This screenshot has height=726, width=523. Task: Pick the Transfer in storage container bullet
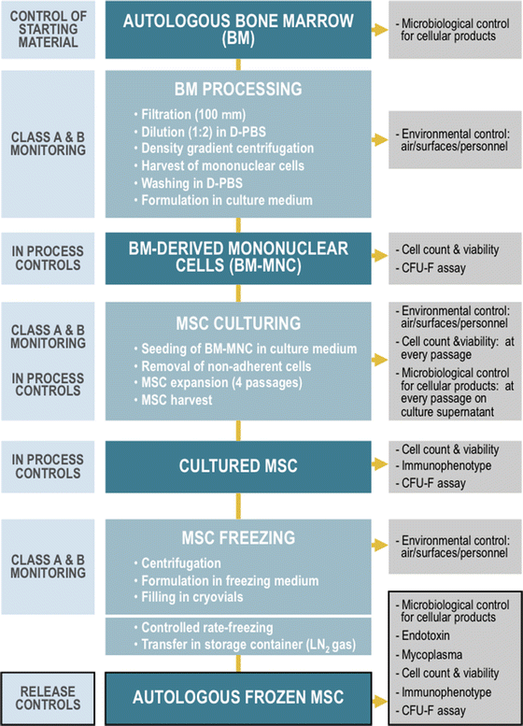coord(239,646)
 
